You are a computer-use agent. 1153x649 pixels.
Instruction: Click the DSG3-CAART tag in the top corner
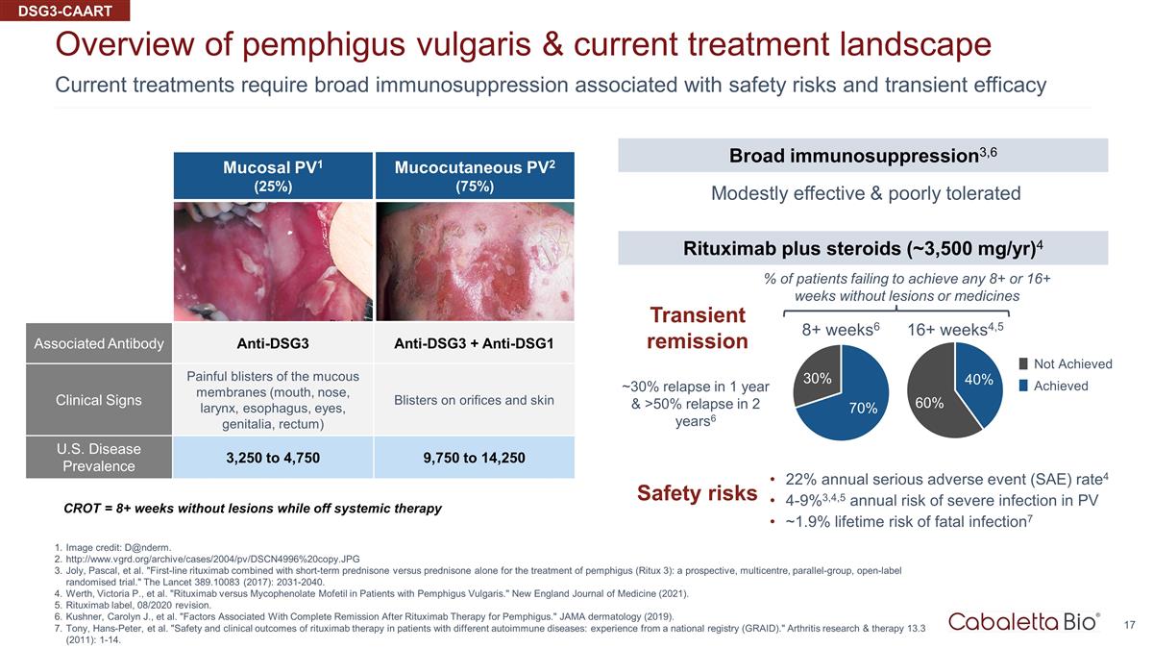coord(65,11)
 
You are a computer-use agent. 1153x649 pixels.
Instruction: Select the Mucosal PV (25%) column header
coord(273,176)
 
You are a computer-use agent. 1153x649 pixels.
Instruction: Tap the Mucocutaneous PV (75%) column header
coord(475,176)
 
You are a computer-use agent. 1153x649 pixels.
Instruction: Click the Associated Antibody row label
coord(99,343)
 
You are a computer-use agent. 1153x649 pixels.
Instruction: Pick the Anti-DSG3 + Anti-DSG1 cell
coord(474,343)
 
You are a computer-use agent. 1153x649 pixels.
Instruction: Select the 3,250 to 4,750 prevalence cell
coord(273,458)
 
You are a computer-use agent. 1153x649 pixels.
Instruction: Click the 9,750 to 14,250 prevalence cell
coord(474,458)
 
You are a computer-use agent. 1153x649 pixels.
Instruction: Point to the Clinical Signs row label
coord(99,400)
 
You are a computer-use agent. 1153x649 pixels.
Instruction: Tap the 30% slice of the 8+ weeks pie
coord(818,377)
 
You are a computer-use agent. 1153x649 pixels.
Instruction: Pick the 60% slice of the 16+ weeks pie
coord(931,399)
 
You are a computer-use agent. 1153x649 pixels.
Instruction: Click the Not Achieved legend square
coord(1023,363)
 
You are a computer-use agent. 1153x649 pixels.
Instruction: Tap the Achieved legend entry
coord(1053,386)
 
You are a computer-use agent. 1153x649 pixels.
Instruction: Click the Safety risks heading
coord(697,493)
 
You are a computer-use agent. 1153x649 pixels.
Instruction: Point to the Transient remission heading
coord(698,328)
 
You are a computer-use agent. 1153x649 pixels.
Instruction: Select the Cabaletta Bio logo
coord(1024,622)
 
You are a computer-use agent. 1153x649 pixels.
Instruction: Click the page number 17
coord(1129,625)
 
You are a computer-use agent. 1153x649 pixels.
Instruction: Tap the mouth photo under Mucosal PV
coord(273,262)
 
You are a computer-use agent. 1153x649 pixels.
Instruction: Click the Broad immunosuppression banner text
coord(863,155)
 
